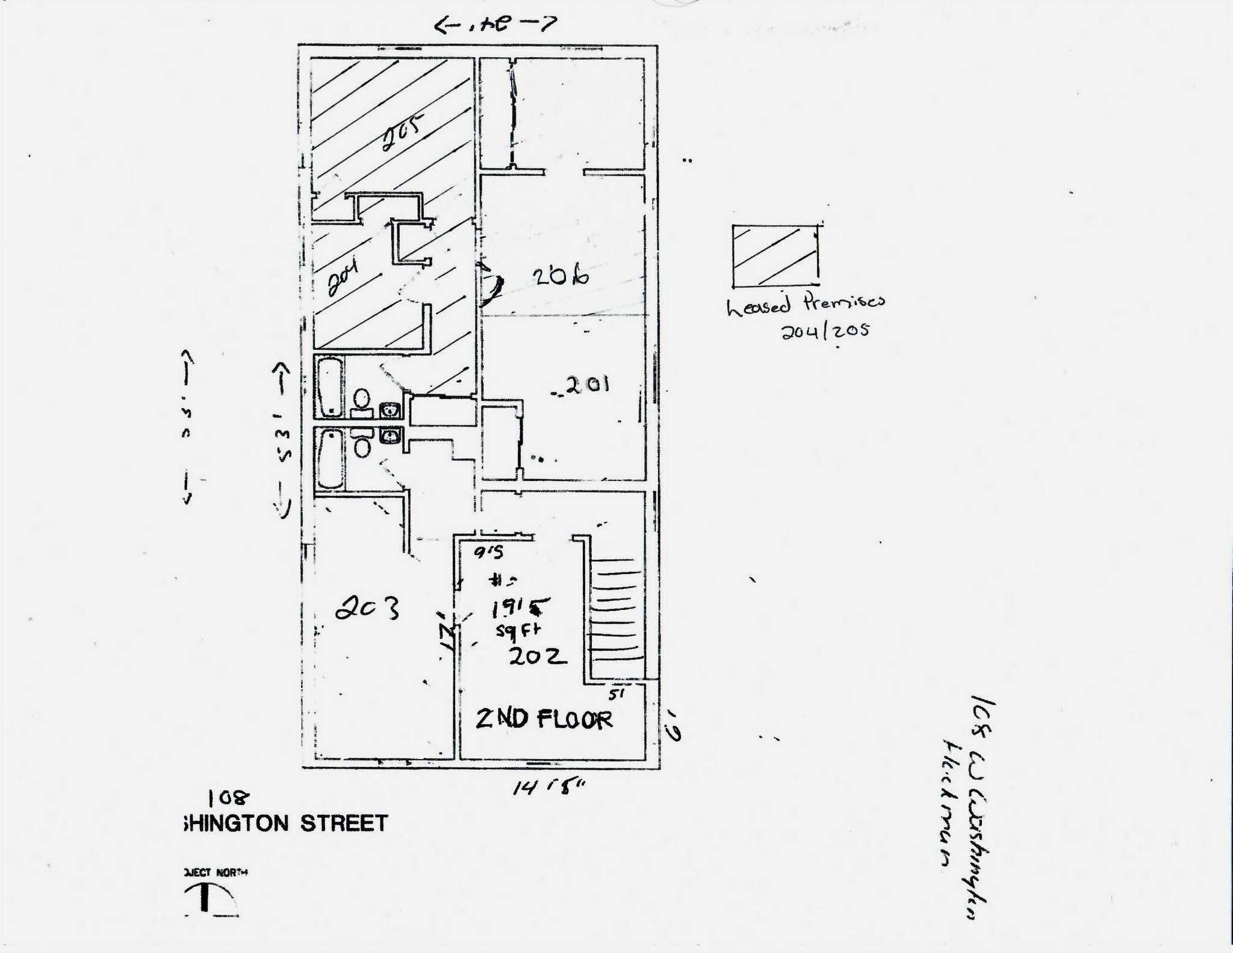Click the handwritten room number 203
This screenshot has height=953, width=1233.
367,610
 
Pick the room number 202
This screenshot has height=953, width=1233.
538,656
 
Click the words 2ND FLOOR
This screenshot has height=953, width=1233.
544,719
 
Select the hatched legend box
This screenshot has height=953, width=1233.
775,255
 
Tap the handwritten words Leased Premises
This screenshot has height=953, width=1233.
806,305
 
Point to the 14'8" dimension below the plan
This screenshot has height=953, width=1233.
548,787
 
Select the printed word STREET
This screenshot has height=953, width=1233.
344,823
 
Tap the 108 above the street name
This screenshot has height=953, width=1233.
228,798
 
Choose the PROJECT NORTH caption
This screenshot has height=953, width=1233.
215,872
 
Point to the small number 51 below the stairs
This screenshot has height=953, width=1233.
615,694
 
